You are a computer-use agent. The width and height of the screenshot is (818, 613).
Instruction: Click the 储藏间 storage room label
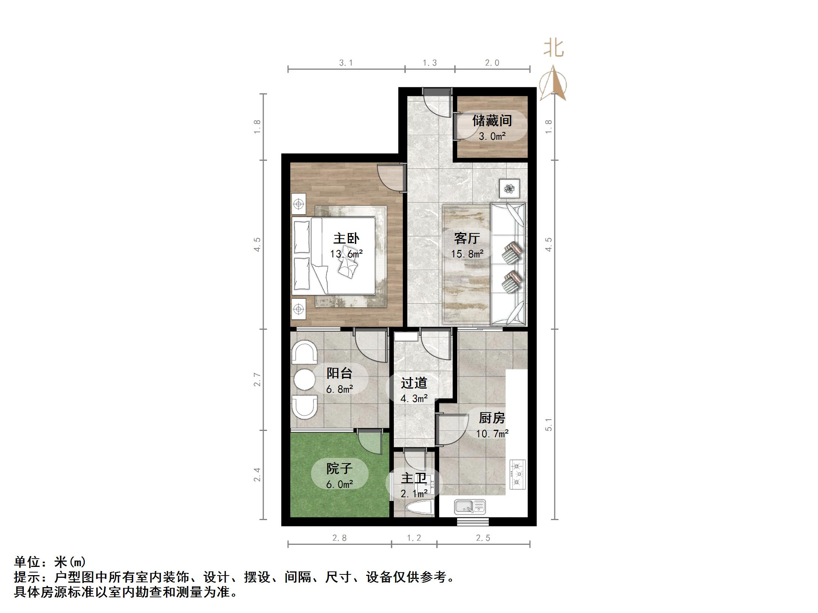click(x=492, y=121)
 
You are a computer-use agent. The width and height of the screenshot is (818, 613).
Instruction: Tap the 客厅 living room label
click(x=467, y=238)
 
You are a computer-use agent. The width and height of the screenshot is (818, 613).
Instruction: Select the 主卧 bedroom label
click(x=346, y=238)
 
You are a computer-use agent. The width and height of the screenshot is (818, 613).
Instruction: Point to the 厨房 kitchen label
click(x=492, y=418)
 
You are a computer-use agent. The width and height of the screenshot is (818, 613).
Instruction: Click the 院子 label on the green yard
click(x=339, y=468)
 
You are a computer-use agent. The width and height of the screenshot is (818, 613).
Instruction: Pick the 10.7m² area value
click(x=492, y=434)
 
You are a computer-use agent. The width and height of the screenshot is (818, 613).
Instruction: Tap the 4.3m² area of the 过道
click(x=414, y=399)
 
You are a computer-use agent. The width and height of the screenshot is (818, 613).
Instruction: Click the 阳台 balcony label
click(x=339, y=373)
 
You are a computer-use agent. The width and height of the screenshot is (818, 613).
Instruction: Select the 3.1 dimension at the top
click(x=346, y=63)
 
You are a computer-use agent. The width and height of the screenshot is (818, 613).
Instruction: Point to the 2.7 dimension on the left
click(x=257, y=379)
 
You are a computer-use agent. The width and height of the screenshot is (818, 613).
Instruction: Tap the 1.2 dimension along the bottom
click(x=414, y=538)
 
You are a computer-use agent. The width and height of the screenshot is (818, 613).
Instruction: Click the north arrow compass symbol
click(x=553, y=84)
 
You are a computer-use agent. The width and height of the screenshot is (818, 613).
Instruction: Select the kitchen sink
click(x=470, y=507)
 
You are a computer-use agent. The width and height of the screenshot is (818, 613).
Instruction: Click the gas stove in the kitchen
click(x=518, y=475)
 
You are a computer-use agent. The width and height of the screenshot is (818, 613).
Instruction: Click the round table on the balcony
click(x=304, y=380)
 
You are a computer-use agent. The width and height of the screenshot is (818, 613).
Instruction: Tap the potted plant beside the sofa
click(x=509, y=188)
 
